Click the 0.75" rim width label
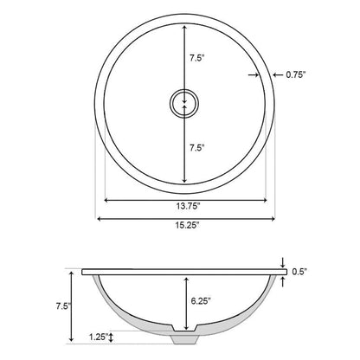[295, 75]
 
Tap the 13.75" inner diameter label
[188, 206]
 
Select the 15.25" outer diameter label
[188, 225]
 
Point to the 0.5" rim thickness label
[299, 272]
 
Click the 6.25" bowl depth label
[201, 301]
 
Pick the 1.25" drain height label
[99, 337]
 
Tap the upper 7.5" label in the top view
[196, 58]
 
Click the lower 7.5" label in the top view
[196, 148]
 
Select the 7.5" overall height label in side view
[63, 305]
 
